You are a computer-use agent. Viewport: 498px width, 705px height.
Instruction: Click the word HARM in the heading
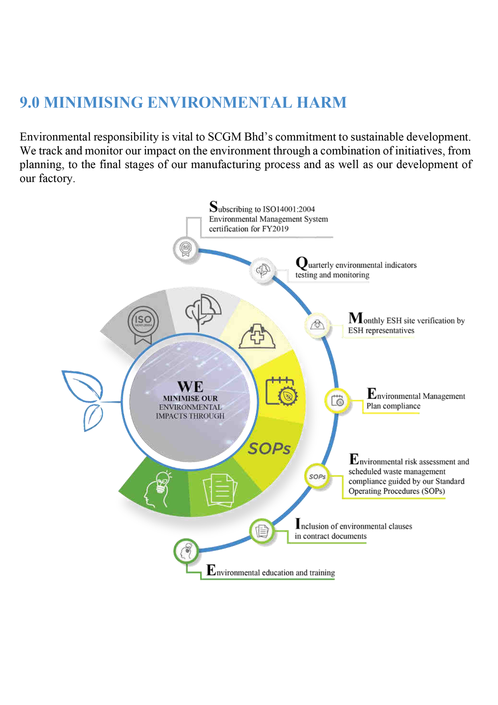tap(321, 102)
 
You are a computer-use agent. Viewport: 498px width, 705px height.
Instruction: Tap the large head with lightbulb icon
tap(158, 488)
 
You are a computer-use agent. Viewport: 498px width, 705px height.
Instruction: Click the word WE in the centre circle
tap(190, 387)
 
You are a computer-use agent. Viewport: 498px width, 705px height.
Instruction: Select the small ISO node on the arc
tap(185, 249)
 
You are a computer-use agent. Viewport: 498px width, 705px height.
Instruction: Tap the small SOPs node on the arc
tap(317, 477)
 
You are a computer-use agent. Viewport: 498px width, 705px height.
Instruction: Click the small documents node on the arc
tap(262, 531)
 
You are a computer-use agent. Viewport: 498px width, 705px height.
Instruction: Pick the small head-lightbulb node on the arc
tap(186, 551)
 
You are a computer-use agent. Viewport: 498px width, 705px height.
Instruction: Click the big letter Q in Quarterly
tap(301, 263)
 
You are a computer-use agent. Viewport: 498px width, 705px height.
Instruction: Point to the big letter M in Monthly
tap(356, 318)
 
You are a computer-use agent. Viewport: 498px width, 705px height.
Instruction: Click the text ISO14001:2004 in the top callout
tap(289, 209)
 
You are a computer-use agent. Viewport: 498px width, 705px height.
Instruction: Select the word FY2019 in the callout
tap(275, 229)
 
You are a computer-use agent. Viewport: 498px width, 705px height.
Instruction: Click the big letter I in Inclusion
tap(298, 524)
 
